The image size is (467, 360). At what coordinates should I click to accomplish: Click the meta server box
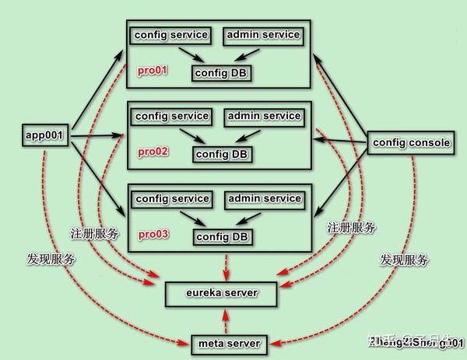click(226, 343)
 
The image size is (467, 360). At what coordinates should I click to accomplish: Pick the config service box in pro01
click(171, 36)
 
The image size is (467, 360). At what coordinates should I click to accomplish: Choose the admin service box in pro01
click(263, 36)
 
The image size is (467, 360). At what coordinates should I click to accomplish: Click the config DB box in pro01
click(221, 73)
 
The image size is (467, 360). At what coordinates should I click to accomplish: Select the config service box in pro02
click(172, 117)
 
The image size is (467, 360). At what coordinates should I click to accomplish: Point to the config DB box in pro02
click(222, 153)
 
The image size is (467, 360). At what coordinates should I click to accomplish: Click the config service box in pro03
click(171, 199)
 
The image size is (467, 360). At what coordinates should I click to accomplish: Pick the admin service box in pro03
click(264, 199)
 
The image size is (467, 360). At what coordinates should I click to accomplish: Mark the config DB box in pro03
click(222, 236)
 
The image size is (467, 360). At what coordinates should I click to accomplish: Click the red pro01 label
click(153, 71)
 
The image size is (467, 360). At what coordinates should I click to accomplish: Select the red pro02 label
click(153, 152)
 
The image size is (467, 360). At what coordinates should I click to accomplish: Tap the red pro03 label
click(153, 233)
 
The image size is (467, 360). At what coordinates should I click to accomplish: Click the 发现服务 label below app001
click(51, 260)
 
